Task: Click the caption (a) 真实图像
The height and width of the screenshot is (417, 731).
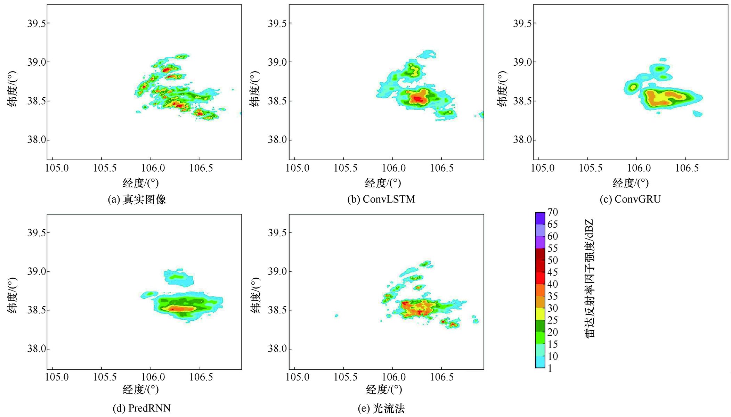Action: (137, 199)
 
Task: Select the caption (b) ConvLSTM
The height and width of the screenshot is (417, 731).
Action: (381, 199)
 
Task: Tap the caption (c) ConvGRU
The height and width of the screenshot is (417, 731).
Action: (630, 199)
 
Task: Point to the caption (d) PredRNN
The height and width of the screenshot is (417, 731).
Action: (141, 408)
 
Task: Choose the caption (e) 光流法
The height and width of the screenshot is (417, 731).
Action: (381, 409)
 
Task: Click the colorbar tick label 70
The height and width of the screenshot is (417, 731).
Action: (552, 212)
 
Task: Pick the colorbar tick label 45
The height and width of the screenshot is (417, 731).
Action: (552, 272)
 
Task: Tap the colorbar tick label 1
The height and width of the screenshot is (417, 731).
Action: (550, 368)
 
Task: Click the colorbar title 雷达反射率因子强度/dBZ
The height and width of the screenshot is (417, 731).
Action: (590, 278)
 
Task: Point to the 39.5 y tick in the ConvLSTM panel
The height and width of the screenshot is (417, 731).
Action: (277, 23)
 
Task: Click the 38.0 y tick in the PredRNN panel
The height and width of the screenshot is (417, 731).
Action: (36, 349)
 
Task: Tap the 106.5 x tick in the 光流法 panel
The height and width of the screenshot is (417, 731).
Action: (442, 377)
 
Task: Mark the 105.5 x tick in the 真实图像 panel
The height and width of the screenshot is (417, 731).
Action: (105, 168)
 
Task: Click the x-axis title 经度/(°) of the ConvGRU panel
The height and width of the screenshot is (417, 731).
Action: (631, 183)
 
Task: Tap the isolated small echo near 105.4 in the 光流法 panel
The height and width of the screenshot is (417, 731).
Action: (336, 316)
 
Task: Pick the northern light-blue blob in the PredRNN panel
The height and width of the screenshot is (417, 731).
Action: (178, 277)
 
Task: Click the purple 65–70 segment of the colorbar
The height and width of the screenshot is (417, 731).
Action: (540, 218)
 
